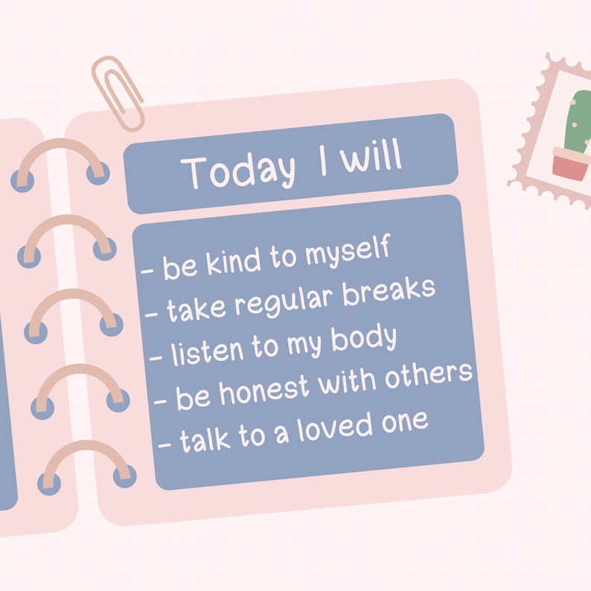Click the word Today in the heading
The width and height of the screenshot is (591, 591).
pos(238,171)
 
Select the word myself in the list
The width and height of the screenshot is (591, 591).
pos(348,251)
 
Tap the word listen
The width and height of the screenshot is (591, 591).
pos(208,351)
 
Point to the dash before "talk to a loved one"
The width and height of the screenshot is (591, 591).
pos(164,445)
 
